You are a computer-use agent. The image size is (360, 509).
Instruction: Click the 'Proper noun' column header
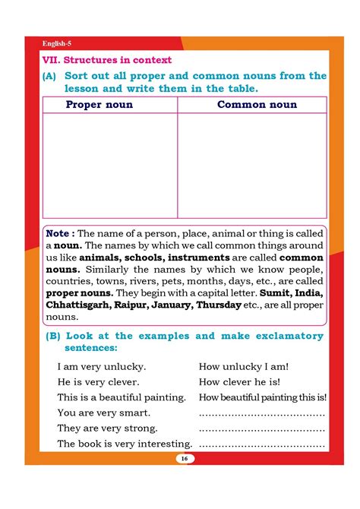pos(99,104)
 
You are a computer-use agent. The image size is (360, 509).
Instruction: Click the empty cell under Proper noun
pos(110,165)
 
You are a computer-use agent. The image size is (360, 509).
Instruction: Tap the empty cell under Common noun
pos(252,165)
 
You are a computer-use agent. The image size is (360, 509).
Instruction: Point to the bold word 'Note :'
pos(61,234)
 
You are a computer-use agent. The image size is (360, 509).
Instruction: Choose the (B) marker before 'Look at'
pos(52,336)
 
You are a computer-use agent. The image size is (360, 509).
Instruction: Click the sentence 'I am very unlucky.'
pos(102,366)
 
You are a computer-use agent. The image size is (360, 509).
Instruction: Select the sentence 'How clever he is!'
pos(239,381)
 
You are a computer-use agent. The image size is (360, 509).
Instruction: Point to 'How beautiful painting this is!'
pos(263,397)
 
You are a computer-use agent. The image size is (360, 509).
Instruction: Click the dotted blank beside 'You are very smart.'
pos(262,414)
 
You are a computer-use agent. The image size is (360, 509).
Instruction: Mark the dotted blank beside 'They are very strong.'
pos(262,429)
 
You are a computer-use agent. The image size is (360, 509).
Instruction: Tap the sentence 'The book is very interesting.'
pos(125,444)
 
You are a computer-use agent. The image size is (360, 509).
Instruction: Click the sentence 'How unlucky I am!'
pos(243,366)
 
